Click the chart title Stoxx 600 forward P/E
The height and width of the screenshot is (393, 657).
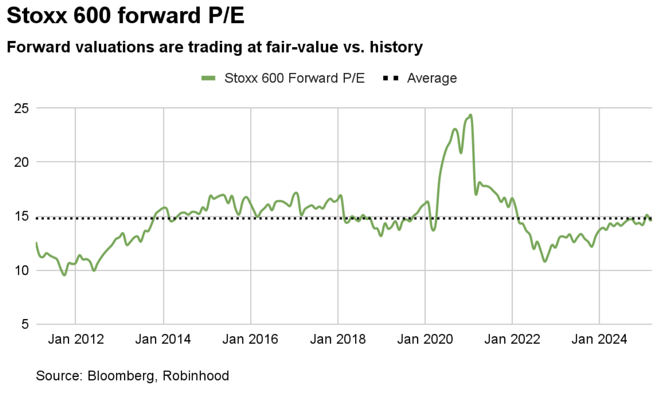pos(126,16)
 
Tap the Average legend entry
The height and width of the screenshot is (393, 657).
pos(431,78)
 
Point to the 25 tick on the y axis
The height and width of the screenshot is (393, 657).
pos(22,108)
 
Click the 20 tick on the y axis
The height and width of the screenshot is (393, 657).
pos(22,162)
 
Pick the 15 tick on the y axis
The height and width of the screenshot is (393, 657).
pos(22,216)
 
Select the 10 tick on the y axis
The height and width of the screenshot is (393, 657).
pos(22,270)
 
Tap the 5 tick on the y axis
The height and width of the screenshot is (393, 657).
pos(25,325)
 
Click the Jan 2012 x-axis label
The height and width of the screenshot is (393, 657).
pos(75,339)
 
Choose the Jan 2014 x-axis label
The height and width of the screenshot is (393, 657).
pos(163,339)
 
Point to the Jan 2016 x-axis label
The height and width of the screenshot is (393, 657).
pos(250,339)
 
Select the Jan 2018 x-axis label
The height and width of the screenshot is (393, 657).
pos(338,339)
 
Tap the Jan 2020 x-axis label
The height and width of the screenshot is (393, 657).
pos(425,339)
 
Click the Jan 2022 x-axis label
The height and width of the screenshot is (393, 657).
pos(512,339)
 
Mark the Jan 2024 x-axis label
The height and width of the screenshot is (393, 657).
pos(599,339)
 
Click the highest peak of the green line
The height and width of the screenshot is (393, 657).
pos(471,115)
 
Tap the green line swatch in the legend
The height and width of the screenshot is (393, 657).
pos(209,78)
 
